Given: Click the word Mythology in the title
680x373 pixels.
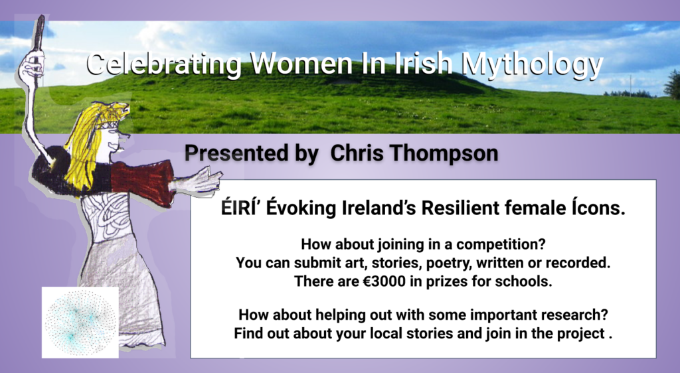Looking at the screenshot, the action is click(x=532, y=65).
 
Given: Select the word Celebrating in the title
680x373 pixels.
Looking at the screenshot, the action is click(x=163, y=65).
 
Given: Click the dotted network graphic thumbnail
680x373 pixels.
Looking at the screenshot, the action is click(x=80, y=323).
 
